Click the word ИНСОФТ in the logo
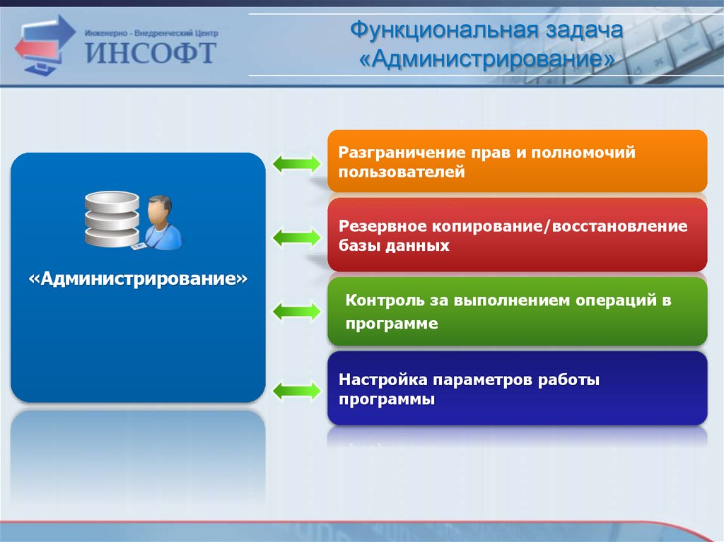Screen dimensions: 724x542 (151, 52)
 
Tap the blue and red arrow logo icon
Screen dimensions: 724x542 (45, 45)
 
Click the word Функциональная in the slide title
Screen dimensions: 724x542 (443, 30)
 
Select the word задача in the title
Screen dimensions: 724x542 (584, 31)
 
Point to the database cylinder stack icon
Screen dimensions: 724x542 (112, 218)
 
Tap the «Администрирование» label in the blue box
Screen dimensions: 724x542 (138, 279)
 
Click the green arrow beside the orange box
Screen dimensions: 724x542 (296, 163)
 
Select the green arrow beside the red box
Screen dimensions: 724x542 (296, 237)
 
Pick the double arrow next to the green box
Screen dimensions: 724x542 (296, 311)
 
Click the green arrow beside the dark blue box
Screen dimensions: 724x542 (296, 391)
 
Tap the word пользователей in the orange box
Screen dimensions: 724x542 (402, 172)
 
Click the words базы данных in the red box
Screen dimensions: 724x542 (394, 245)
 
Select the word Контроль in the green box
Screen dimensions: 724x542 (385, 300)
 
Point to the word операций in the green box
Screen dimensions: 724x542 (616, 300)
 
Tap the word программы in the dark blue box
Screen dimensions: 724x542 (387, 399)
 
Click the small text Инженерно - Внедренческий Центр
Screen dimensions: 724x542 (151, 33)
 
